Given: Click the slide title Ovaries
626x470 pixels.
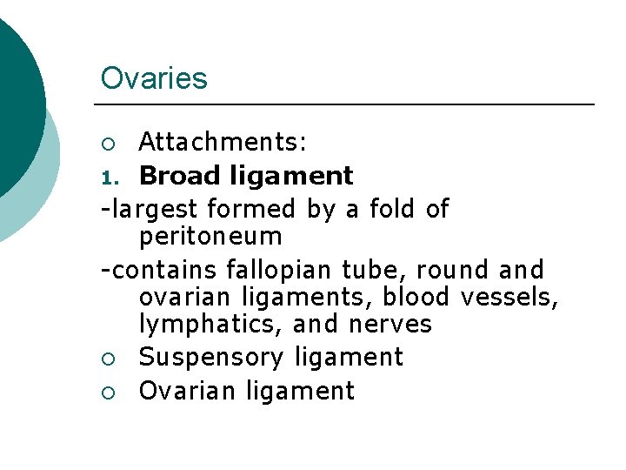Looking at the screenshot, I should (154, 78).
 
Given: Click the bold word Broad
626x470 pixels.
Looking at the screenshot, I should (179, 176).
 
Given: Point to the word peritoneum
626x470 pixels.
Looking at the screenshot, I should (210, 237).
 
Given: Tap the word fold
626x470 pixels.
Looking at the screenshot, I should (393, 209).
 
